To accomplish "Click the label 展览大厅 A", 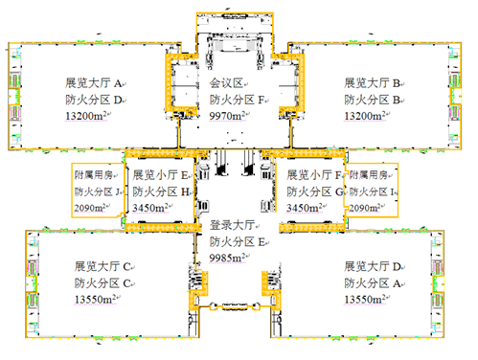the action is (94, 83).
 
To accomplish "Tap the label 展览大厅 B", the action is (373, 83).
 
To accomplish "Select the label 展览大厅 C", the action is (102, 266).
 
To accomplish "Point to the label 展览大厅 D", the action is (373, 266).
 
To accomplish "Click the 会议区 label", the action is (226, 83).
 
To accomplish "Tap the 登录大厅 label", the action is (232, 225).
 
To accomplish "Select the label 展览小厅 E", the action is (160, 175).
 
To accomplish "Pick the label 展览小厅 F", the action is (314, 175).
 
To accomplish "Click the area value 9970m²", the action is (227, 116).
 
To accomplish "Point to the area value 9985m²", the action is (227, 258).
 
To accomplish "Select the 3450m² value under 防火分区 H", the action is (150, 208).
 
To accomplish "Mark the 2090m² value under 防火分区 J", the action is (90, 208).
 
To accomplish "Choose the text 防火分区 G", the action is (315, 191).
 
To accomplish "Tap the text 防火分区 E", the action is (238, 241).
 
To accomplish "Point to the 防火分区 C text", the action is (102, 282).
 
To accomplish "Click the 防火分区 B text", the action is (373, 100).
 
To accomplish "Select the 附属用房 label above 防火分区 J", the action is (94, 175).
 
